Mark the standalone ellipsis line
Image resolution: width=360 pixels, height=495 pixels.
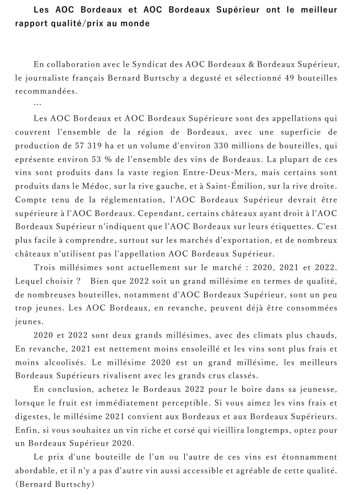38,104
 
